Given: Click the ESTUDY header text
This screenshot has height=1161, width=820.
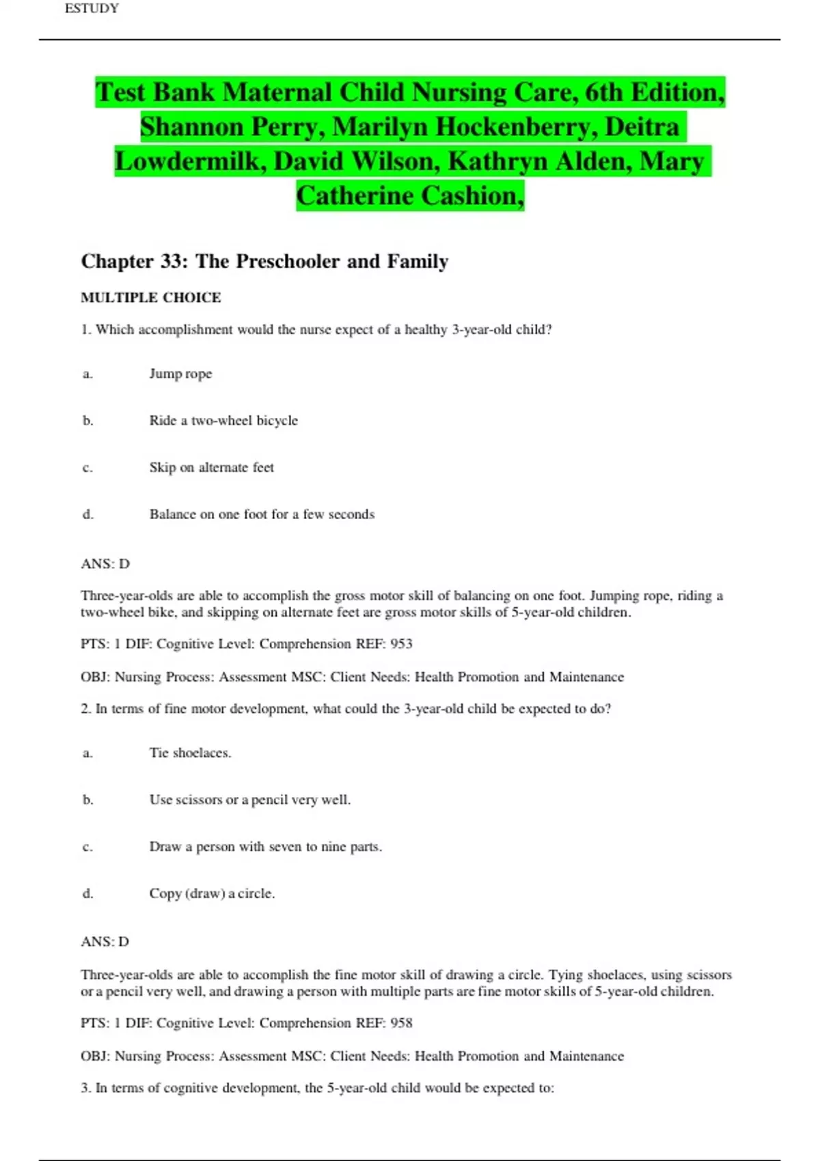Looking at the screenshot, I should [92, 9].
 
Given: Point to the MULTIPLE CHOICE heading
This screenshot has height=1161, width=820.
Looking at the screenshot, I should [150, 298].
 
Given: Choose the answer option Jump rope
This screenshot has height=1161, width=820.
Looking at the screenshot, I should [180, 374].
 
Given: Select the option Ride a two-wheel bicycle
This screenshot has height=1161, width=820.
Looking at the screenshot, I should [223, 421].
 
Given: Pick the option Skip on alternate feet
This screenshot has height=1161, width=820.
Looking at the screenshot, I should [211, 468].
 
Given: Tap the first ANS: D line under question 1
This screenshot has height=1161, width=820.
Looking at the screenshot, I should [105, 564].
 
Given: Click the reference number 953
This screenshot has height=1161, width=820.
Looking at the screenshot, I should [401, 644].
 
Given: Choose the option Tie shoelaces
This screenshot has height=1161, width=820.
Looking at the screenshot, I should [190, 753].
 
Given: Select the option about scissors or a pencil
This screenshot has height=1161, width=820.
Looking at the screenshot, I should [249, 800].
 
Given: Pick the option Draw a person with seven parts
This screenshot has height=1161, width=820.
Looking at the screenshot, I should [265, 847].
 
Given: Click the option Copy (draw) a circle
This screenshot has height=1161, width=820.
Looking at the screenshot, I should [212, 894].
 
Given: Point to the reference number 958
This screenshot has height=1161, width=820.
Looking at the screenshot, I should [401, 1023].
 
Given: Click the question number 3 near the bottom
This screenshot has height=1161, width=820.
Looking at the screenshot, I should [85, 1088].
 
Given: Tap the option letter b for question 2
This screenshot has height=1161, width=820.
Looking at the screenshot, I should [87, 800].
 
